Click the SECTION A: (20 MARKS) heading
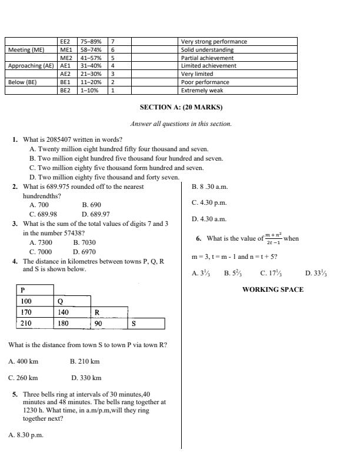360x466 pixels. point(181,108)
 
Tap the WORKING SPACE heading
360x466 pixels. point(273,289)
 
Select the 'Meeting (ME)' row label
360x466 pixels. point(26,50)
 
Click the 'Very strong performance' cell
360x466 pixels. point(214,42)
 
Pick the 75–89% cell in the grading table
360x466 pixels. point(91,42)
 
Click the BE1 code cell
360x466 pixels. point(65,82)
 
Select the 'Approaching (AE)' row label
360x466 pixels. point(31,66)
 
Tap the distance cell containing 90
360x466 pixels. point(99,324)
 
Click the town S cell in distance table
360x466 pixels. point(134,324)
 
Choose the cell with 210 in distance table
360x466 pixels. point(26,324)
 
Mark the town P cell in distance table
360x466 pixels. point(23,290)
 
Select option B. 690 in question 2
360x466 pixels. point(91,205)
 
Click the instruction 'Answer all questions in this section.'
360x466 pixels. point(181,124)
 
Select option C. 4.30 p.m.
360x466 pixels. point(209,202)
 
